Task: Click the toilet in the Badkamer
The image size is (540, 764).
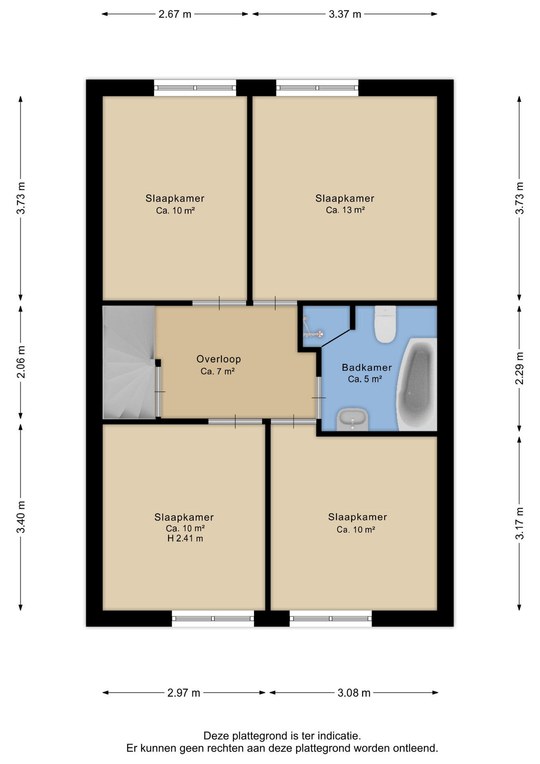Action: [x=385, y=324]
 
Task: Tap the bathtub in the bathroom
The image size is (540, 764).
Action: [x=417, y=384]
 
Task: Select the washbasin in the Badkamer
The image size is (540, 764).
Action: [x=352, y=419]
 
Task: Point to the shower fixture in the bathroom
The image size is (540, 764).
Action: [x=313, y=327]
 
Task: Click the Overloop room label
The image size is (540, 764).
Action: [x=219, y=359]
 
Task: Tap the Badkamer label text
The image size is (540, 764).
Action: [x=367, y=367]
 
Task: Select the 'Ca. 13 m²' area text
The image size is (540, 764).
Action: [x=345, y=210]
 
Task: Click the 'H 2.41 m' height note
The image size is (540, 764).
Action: [x=185, y=538]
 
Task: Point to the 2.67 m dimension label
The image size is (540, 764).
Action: [x=175, y=14]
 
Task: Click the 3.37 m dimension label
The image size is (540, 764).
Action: [x=345, y=14]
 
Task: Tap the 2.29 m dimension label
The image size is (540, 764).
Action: [x=519, y=368]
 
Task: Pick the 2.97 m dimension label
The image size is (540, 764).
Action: [x=184, y=693]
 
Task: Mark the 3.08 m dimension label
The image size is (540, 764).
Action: [x=354, y=693]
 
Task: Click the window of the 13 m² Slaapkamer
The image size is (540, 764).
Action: [x=317, y=88]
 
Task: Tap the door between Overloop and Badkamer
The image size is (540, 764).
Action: [x=319, y=398]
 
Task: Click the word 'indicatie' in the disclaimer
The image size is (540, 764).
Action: [x=340, y=735]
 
